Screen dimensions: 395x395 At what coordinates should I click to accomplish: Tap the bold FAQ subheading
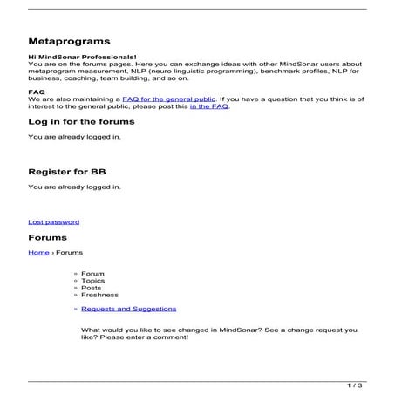tap(37, 91)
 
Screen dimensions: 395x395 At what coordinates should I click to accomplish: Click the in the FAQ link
tap(209, 107)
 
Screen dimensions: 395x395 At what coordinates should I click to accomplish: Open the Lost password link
tap(53, 221)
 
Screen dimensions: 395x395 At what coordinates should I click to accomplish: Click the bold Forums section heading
tap(47, 236)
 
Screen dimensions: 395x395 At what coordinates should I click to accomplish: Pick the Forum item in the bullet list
tap(92, 273)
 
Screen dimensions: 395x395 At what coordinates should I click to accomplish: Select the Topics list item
tap(92, 281)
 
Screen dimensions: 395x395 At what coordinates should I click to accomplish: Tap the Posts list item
tap(91, 288)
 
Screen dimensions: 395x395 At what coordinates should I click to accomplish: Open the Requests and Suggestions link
tap(128, 309)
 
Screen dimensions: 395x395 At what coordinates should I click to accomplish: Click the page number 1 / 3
tap(354, 385)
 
